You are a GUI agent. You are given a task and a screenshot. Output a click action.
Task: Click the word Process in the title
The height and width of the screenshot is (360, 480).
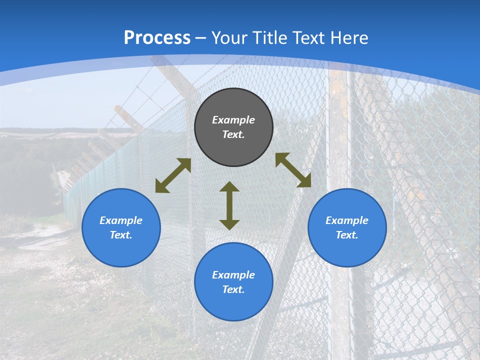pos(157,38)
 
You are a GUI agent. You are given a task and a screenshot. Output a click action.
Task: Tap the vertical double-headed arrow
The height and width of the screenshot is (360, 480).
pos(229,205)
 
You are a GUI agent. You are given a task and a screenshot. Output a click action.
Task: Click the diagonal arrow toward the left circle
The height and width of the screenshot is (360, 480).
pos(173,175)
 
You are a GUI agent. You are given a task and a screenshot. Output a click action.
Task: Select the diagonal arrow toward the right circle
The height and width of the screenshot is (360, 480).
pos(293,170)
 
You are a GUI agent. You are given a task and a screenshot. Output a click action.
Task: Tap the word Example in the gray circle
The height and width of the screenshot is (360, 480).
pos(233,120)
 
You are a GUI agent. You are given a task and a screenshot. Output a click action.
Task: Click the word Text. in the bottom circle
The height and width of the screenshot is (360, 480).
pos(233,289)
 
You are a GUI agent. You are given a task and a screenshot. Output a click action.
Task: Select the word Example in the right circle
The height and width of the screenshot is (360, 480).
pos(347,220)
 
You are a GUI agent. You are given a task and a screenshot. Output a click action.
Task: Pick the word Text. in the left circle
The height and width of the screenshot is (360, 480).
pos(121,235)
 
